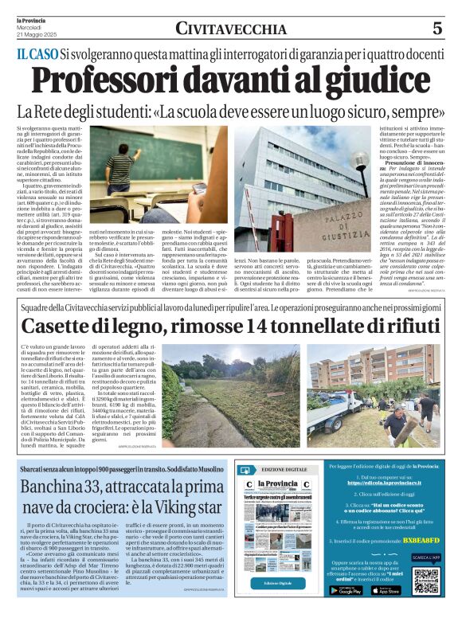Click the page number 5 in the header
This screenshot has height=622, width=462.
click(x=437, y=29)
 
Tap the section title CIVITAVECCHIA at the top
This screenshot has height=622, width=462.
click(x=231, y=29)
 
